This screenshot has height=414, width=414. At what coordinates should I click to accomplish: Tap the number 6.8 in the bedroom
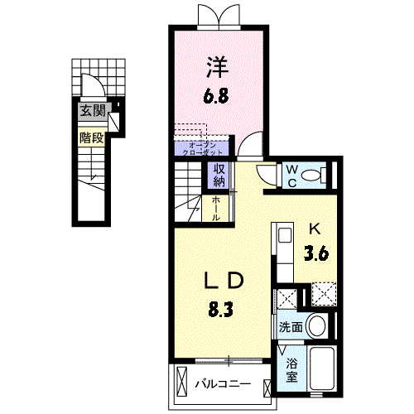point(218,96)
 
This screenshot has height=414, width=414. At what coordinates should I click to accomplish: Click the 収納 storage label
point(219,176)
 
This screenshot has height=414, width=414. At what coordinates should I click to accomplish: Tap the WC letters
point(291,175)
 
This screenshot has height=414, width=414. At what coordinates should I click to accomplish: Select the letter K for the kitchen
point(315,229)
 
